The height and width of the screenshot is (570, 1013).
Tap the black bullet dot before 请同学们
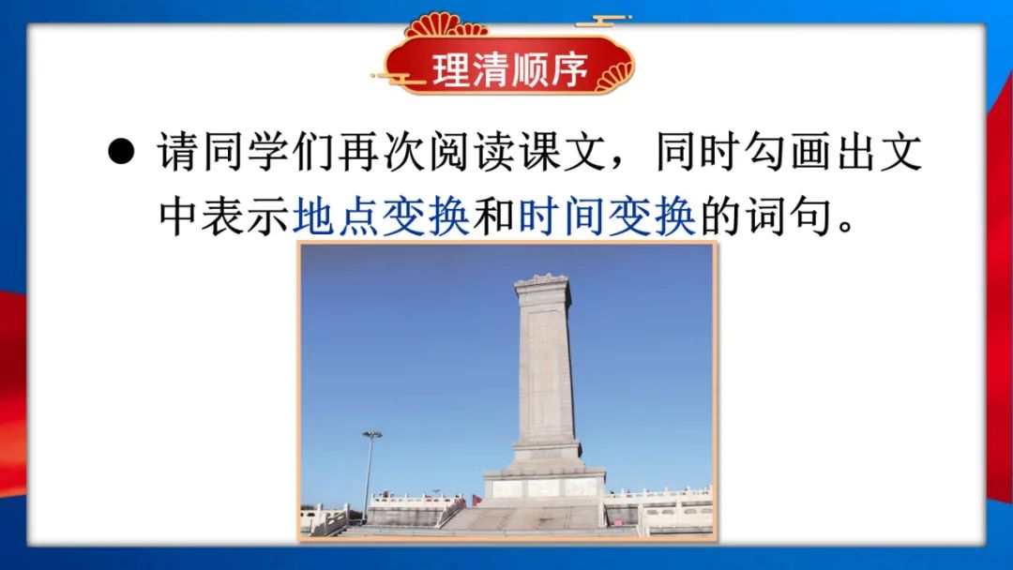121,152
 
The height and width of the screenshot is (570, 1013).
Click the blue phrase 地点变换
381,217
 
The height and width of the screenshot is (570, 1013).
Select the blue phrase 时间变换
607,217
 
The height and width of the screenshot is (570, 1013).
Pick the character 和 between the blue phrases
493,217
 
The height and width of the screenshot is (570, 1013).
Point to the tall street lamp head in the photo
371,435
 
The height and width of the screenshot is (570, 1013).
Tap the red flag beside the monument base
476,500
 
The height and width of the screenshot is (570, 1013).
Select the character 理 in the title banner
451,68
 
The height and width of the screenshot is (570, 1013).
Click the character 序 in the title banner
569,68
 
